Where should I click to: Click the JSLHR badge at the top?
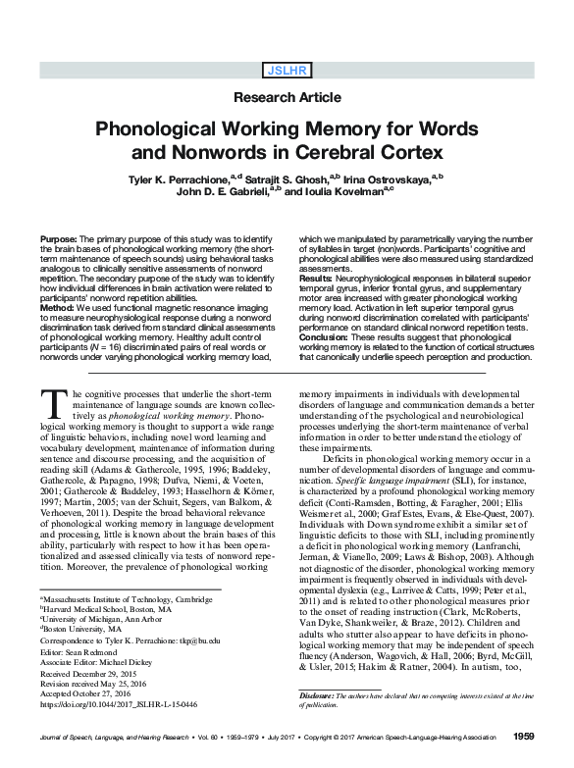coord(287,70)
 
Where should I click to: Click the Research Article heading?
coord(287,98)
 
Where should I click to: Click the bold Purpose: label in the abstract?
coord(61,239)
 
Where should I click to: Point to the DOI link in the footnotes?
coord(116,704)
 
